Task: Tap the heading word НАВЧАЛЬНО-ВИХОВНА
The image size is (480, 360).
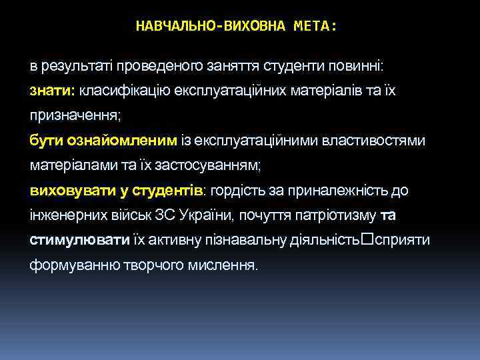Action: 210,26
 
